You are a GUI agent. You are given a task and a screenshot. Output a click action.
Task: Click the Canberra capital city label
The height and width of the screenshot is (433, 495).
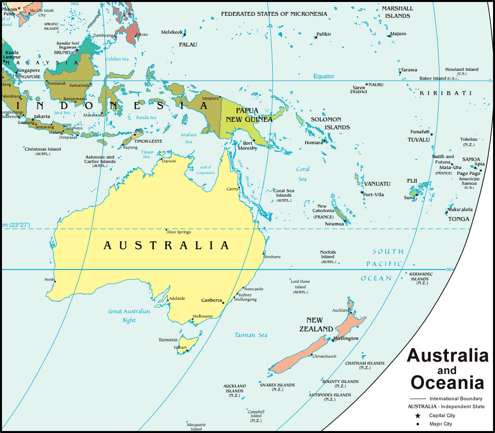pos(211,300)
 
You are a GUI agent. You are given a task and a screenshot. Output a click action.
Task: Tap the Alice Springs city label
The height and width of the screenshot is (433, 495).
pos(179,232)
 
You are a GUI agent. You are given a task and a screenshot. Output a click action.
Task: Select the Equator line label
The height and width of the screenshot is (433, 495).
pos(324,76)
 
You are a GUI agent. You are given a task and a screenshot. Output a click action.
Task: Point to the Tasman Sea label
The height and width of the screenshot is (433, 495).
pos(251,335)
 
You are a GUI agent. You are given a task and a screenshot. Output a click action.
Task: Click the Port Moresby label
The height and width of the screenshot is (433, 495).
pos(247,146)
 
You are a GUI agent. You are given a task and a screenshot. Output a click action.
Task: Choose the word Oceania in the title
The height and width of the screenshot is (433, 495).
pos(447,382)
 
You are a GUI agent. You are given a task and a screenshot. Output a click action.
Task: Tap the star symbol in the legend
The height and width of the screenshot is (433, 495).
pos(418,416)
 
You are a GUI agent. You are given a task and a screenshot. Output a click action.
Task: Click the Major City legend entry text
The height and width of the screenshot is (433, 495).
pos(441,424)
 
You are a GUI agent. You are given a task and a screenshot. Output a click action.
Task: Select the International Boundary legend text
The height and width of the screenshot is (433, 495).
pos(455,399)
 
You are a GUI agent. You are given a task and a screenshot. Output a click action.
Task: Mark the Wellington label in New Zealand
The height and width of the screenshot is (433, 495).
pos(346,338)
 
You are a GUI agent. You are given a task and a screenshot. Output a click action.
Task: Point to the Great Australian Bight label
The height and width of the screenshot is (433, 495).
pos(129,316)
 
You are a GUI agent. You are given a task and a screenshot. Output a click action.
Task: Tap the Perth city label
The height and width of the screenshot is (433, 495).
pos(49,279)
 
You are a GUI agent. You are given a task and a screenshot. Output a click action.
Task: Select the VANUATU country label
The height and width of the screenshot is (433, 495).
pos(377,184)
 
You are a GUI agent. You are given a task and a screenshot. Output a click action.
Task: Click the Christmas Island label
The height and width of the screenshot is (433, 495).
pos(43,149)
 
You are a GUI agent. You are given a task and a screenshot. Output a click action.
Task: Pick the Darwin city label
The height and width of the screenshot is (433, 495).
pos(169,161)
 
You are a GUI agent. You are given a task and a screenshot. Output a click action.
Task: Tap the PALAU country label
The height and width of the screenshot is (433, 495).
pos(188,45)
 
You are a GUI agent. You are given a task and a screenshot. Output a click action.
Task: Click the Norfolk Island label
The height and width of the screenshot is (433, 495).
pos(328,255)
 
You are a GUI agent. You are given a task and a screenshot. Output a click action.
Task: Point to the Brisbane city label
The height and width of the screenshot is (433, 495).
pos(272,257)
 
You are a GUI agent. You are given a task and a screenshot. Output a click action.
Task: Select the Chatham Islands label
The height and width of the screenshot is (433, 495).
pos(365,363)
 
